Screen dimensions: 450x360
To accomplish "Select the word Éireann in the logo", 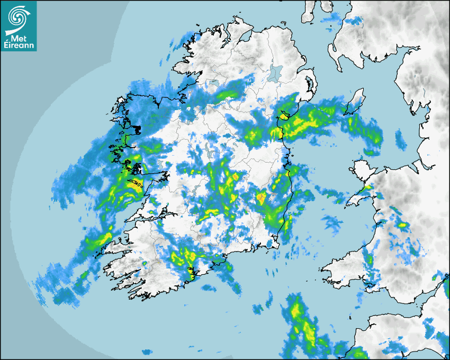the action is pyautogui.click(x=19, y=46).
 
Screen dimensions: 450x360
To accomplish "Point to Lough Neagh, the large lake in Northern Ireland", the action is pyautogui.click(x=276, y=71).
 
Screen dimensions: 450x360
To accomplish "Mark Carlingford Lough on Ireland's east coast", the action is pyautogui.click(x=284, y=114).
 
